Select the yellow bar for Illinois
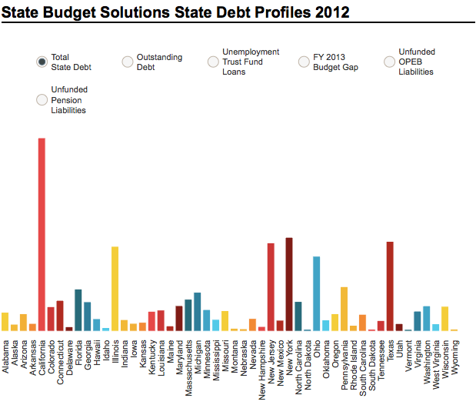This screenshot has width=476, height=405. pos(115,288)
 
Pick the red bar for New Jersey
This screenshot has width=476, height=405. pos(271,286)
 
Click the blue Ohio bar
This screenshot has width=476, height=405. pos(316,293)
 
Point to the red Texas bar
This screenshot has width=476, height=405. pos(390,286)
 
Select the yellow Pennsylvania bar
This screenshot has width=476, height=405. pos(344,308)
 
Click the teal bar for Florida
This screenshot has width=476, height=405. pos(78,310)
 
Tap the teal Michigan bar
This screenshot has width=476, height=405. pos(198,311)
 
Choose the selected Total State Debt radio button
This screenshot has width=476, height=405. pos(42,62)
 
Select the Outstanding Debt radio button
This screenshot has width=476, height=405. pos(128,62)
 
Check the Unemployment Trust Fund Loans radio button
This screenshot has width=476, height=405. pos(213,62)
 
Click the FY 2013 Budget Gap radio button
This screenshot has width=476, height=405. pos(304,62)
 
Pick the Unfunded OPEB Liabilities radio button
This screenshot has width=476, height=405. pos(389,62)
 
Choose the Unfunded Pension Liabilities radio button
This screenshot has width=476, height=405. pos(42,99)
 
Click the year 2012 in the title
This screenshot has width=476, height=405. pos(328,12)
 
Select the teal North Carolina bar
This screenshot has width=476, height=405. pos(298,316)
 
